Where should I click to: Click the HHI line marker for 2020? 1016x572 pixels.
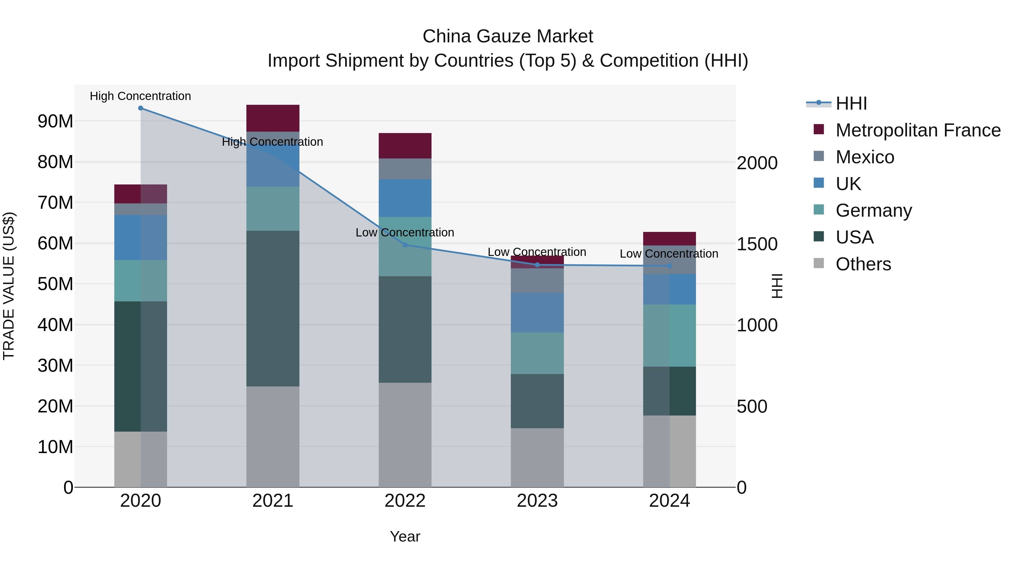141,108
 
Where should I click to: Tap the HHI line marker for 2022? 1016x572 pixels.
405,245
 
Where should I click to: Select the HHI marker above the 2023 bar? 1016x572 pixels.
537,265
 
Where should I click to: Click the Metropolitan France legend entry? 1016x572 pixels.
918,130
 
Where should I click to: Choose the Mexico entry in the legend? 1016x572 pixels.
864,157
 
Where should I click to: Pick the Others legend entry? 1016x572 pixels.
863,264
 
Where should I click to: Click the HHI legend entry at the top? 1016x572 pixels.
851,103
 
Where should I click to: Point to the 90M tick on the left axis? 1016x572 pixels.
55,121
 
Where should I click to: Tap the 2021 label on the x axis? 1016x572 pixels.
273,501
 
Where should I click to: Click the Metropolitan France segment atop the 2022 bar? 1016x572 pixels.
405,146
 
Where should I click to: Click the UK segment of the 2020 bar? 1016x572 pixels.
141,237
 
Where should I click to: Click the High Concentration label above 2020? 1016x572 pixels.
141,96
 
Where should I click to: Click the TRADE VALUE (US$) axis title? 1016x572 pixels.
9,286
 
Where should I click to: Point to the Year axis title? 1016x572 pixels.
405,536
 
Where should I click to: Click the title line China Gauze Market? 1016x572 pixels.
508,36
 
